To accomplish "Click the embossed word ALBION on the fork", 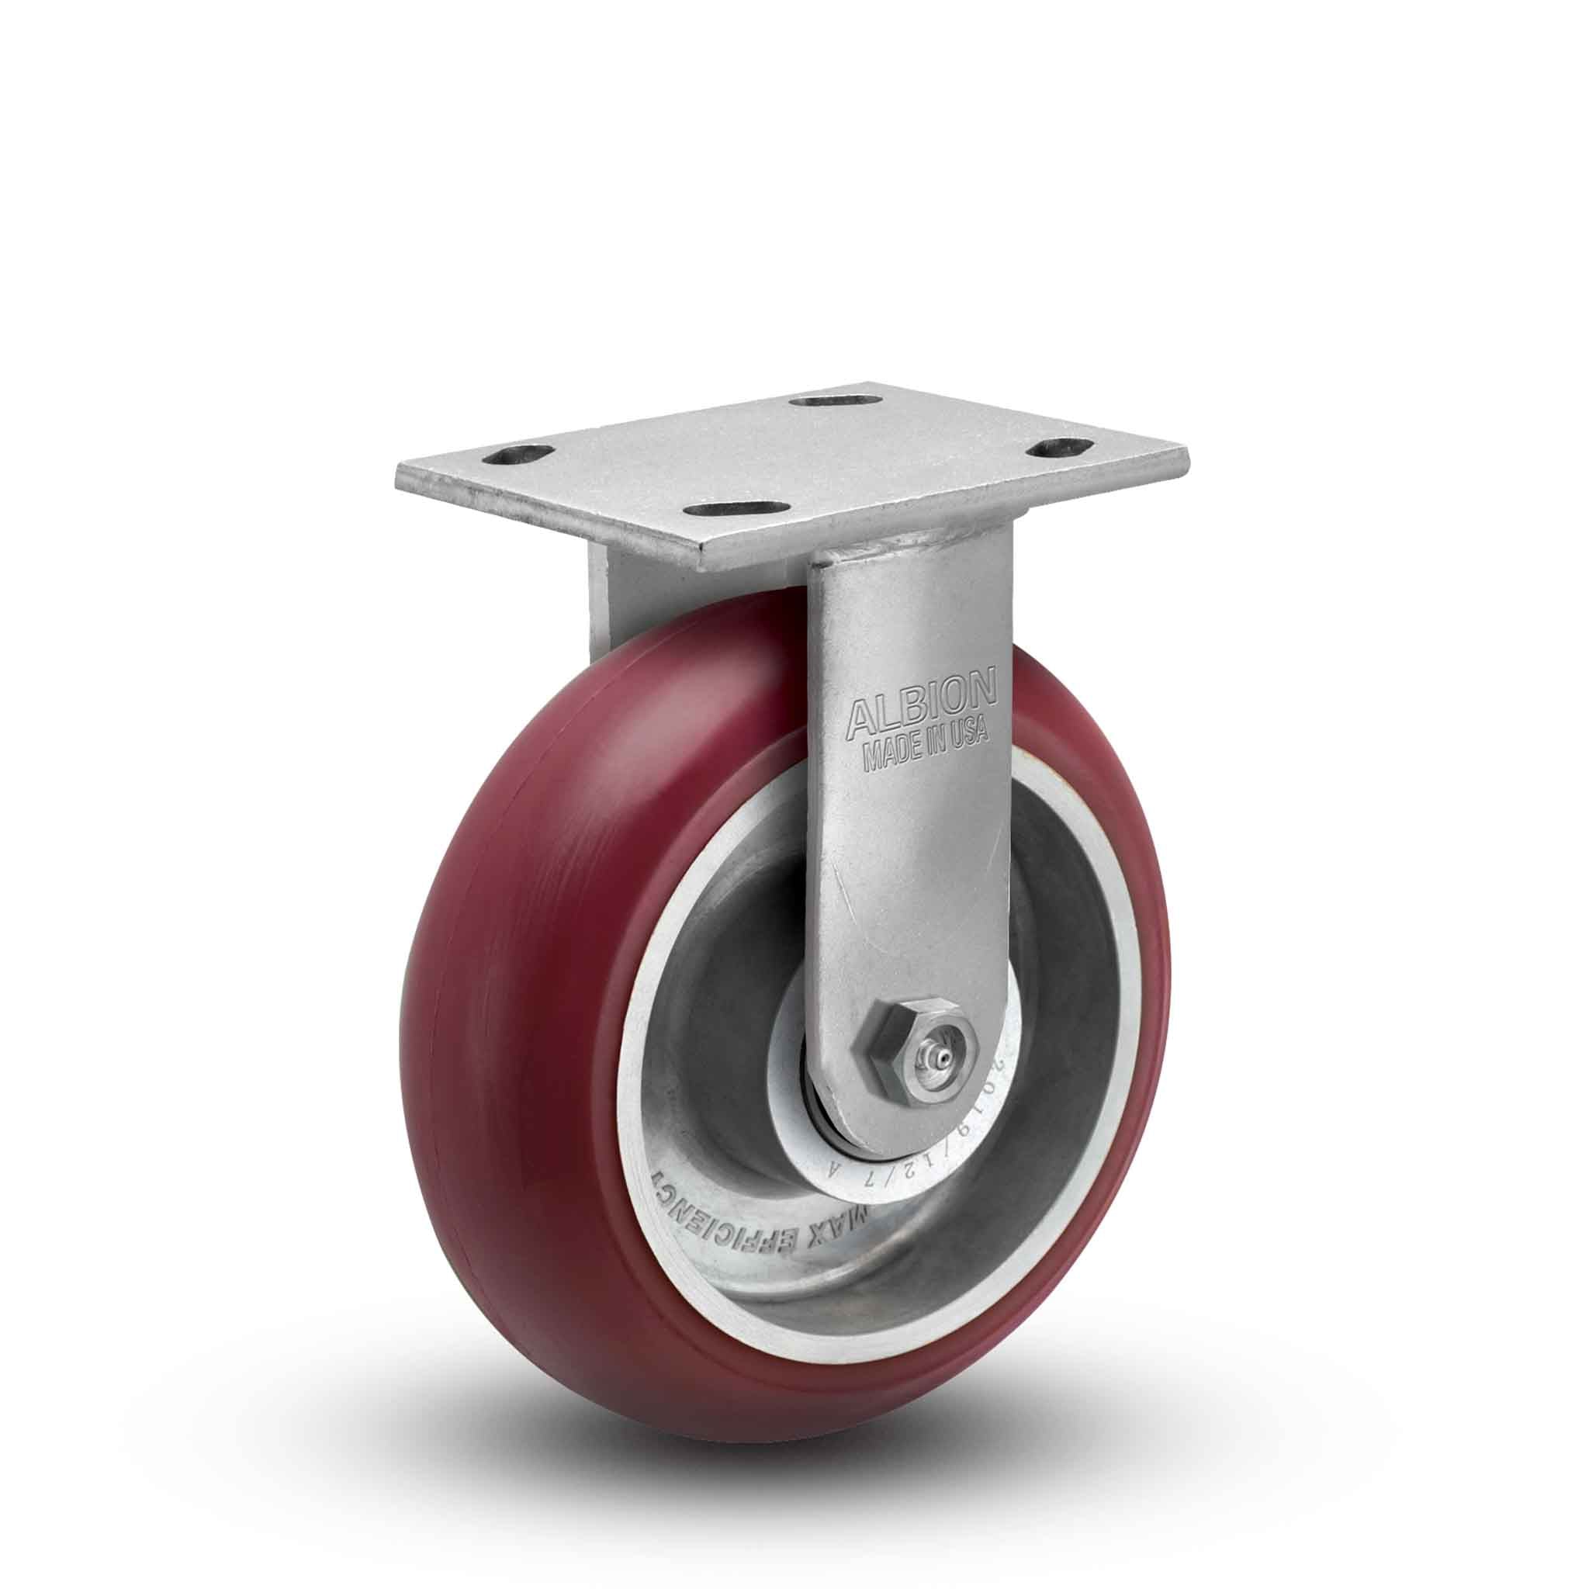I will coord(920,697).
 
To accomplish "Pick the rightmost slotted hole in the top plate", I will coord(1057,448).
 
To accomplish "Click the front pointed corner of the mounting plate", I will coord(704,569).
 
